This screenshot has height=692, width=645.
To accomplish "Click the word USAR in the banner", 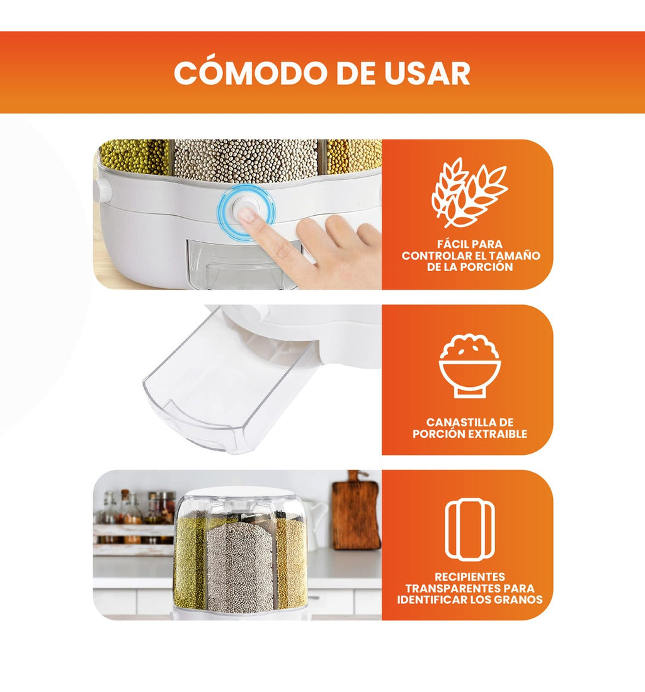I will pyautogui.click(x=431, y=74).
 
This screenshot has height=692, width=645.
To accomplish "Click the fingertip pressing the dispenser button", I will pyautogui.click(x=248, y=215).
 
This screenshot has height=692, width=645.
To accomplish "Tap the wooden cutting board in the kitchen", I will pyautogui.click(x=356, y=513).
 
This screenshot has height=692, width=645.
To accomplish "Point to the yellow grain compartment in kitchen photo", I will pyautogui.click(x=291, y=563).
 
